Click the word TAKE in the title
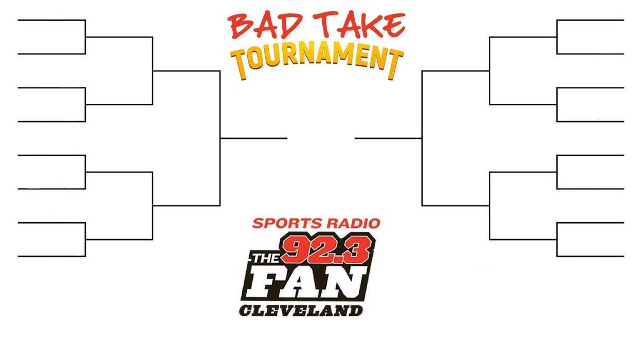pyautogui.click(x=359, y=25)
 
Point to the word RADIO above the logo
pyautogui.click(x=350, y=223)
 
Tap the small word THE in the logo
pyautogui.click(x=265, y=259)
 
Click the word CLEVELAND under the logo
pyautogui.click(x=301, y=311)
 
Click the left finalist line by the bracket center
pyautogui.click(x=254, y=138)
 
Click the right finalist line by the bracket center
pyautogui.click(x=389, y=138)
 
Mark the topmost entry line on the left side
pyautogui.click(x=52, y=20)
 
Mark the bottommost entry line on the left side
pyautogui.click(x=52, y=257)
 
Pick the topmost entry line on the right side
pyautogui.click(x=590, y=20)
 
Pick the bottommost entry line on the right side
pyautogui.click(x=590, y=257)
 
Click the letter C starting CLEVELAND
pyautogui.click(x=246, y=311)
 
